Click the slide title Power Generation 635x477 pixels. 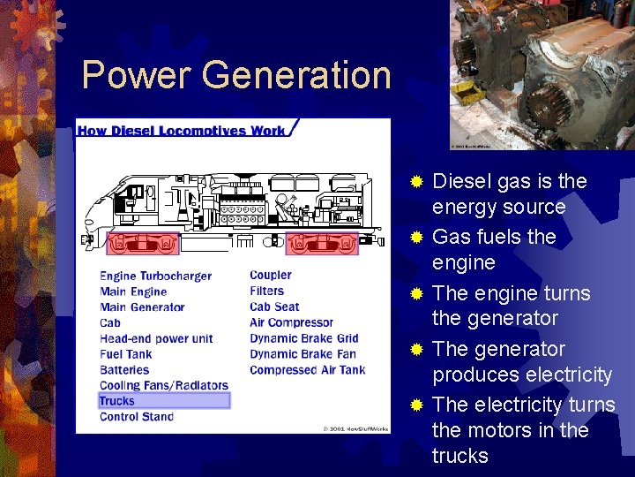[x=235, y=75]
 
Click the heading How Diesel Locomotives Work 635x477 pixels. [x=181, y=131]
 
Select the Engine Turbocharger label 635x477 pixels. [x=155, y=276]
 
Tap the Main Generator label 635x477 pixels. [x=142, y=307]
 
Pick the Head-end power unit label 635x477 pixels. [x=156, y=338]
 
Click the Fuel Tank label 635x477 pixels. [x=125, y=354]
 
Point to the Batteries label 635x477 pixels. [x=124, y=370]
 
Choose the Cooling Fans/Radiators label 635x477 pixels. [x=163, y=385]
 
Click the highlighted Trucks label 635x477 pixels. [x=118, y=400]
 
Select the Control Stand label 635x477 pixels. [x=137, y=417]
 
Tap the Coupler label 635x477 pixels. [x=270, y=275]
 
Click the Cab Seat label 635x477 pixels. [x=274, y=307]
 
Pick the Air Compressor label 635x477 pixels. [x=291, y=322]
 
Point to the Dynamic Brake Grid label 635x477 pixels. [x=303, y=338]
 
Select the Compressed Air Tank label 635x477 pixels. [x=307, y=370]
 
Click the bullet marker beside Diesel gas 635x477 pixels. [x=417, y=182]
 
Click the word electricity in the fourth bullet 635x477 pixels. [x=568, y=375]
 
